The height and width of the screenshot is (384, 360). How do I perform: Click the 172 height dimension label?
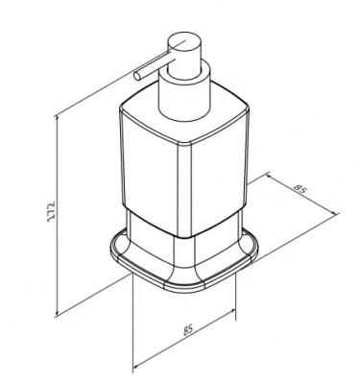(x=51, y=212)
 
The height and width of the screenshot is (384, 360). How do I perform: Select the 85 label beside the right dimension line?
(x=300, y=190)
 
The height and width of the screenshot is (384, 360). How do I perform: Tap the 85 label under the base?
(x=188, y=330)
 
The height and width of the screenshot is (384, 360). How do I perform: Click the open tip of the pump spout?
(x=137, y=76)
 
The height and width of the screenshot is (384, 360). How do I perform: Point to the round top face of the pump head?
(x=183, y=44)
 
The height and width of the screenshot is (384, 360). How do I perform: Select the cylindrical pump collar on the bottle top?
(x=184, y=93)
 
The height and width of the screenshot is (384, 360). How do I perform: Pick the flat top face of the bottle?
(x=184, y=117)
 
